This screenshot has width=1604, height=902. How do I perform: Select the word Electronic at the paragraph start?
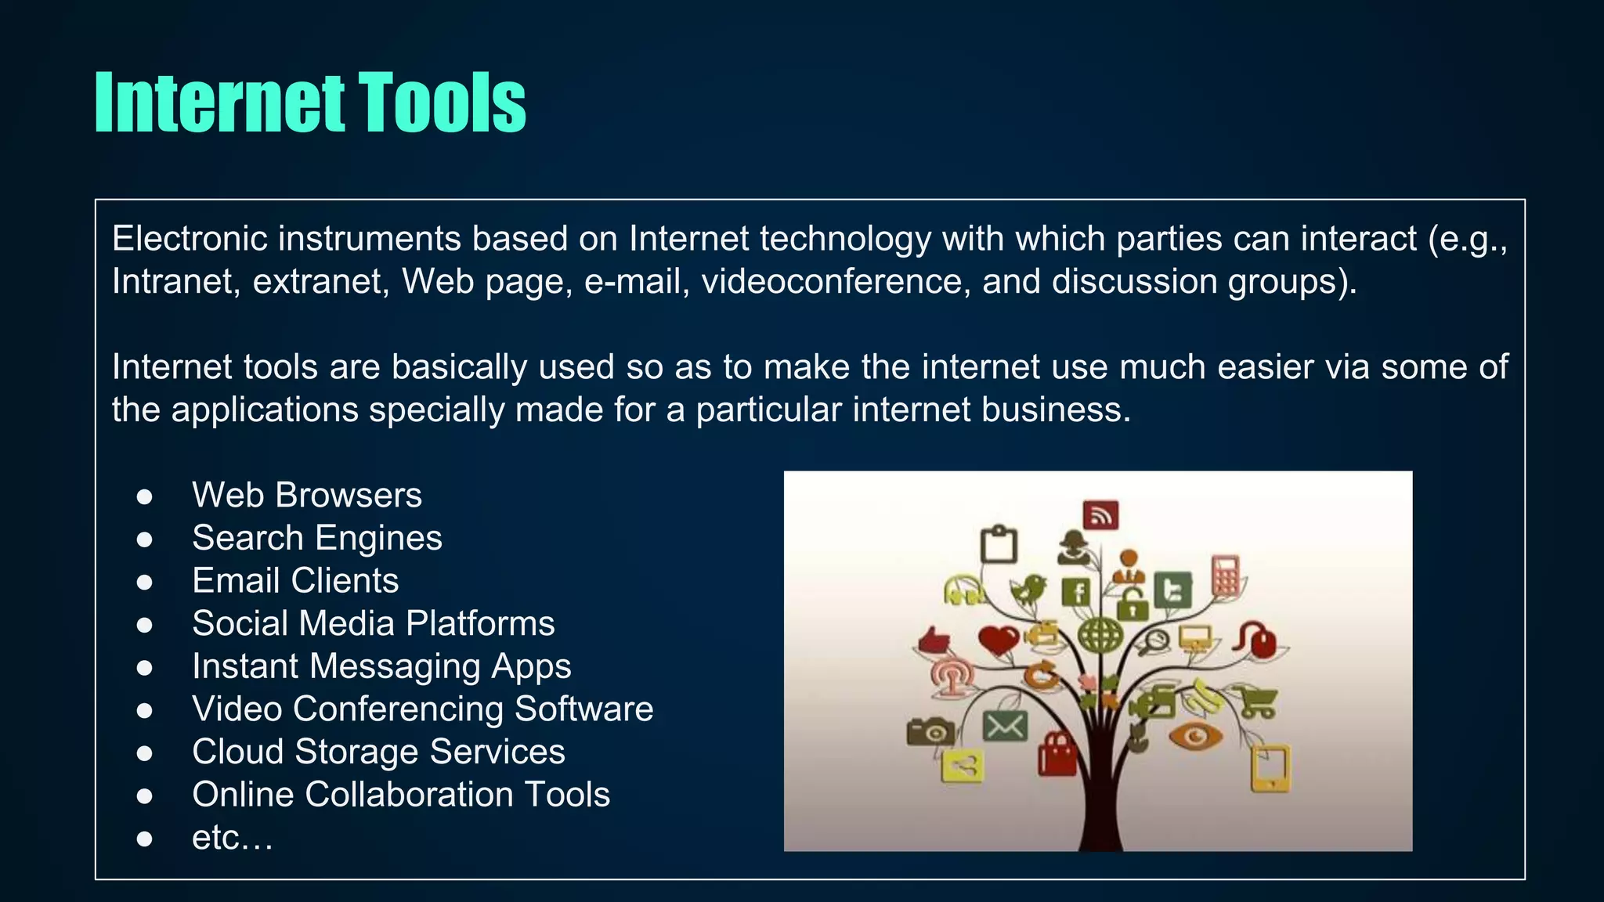click(x=190, y=239)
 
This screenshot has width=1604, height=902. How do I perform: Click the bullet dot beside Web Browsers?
click(x=144, y=496)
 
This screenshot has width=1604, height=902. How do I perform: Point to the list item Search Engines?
click(x=317, y=538)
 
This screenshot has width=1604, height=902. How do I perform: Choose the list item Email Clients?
click(x=295, y=581)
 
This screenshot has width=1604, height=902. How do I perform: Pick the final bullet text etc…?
click(x=232, y=838)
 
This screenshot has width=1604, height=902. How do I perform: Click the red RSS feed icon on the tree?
click(x=1100, y=515)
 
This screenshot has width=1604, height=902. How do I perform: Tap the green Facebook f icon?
click(x=1076, y=592)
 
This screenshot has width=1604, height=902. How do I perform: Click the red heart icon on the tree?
click(x=999, y=640)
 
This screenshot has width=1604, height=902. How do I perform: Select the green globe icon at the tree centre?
click(x=1100, y=635)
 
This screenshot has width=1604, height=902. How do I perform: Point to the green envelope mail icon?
click(x=1005, y=726)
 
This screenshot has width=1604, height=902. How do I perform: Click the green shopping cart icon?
click(x=1256, y=702)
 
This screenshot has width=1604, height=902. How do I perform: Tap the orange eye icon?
click(x=1194, y=737)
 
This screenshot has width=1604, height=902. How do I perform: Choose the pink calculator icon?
click(x=1226, y=575)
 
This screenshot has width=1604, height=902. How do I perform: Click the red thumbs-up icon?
click(x=934, y=641)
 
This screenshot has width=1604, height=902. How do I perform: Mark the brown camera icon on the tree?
click(x=930, y=731)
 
